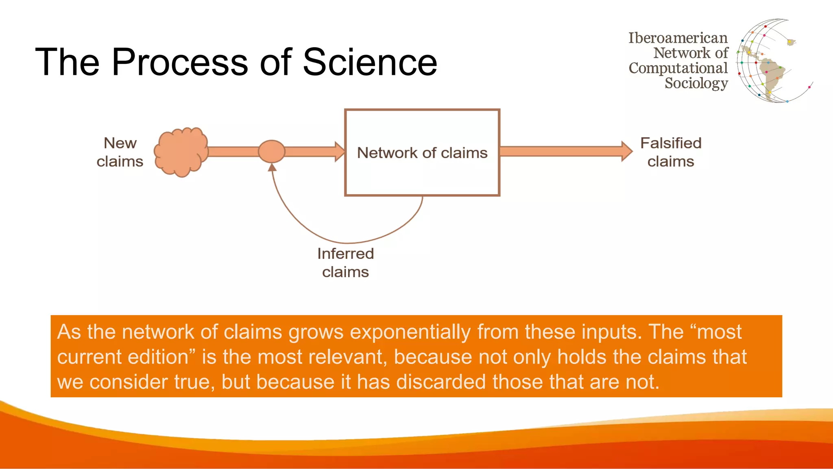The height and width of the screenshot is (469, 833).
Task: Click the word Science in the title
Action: (x=370, y=62)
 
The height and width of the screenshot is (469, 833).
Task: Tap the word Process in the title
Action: (x=179, y=62)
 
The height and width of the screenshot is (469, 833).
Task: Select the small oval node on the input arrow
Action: (x=272, y=151)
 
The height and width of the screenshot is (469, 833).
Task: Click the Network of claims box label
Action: (x=422, y=153)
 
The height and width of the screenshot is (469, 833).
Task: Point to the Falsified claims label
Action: (x=671, y=152)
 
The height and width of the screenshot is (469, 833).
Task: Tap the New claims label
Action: (x=120, y=152)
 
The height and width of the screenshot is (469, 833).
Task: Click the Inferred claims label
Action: (x=345, y=263)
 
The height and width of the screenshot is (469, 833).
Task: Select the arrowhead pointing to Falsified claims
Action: (x=627, y=151)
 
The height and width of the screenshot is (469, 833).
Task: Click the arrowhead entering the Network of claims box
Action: (x=340, y=151)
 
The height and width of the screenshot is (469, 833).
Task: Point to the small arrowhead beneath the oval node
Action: (x=272, y=167)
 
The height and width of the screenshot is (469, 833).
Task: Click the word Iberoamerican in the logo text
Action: (x=678, y=38)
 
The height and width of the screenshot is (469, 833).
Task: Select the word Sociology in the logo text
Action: (x=696, y=83)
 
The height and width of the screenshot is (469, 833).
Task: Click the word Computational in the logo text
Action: (x=678, y=68)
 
